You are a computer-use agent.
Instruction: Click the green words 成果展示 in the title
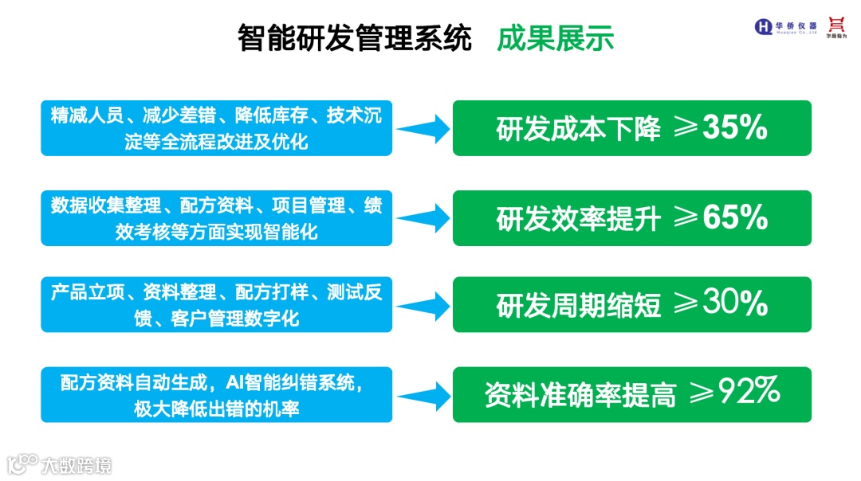click(556, 37)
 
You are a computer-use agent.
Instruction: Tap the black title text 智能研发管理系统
click(355, 37)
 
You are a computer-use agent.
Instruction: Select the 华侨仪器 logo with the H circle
click(786, 26)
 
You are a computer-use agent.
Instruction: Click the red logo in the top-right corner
click(836, 26)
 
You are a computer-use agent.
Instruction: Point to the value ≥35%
click(721, 127)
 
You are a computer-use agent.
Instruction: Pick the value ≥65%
click(721, 217)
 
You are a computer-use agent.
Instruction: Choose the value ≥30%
click(721, 304)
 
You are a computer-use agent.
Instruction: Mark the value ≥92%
click(734, 393)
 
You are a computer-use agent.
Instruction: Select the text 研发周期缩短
click(579, 306)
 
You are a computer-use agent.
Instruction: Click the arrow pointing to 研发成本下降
click(423, 128)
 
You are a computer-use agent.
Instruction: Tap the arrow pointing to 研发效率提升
click(423, 218)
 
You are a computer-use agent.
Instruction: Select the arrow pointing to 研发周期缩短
click(423, 305)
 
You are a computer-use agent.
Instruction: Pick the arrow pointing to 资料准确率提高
click(423, 394)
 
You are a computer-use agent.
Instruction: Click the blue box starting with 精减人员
click(216, 128)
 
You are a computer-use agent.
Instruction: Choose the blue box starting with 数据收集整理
click(216, 218)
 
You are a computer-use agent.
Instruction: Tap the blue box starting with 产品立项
click(216, 305)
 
